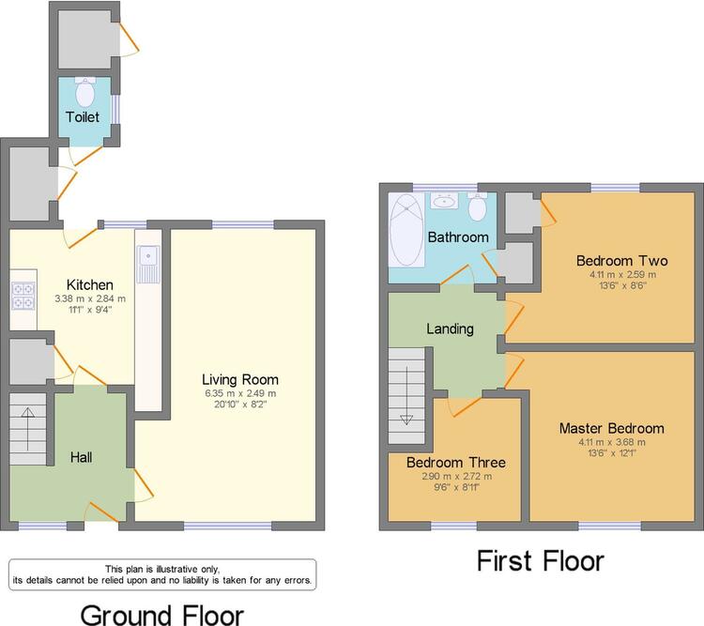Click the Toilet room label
(x=83, y=116)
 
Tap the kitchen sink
(x=148, y=265)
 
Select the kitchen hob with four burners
(x=23, y=296)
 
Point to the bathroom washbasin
(x=445, y=201)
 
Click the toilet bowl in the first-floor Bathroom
(x=477, y=207)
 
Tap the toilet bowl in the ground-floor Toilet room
(x=84, y=91)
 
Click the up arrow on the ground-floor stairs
(x=28, y=428)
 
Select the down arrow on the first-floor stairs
(x=406, y=396)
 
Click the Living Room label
(x=240, y=379)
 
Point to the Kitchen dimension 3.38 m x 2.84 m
(x=90, y=298)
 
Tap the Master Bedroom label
(x=611, y=428)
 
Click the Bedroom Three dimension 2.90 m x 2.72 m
(x=456, y=476)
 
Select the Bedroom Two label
(x=621, y=261)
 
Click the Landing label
(x=450, y=329)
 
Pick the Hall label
(x=82, y=457)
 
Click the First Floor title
(x=541, y=561)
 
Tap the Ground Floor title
(x=162, y=615)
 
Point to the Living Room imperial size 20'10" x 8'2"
(x=240, y=405)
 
